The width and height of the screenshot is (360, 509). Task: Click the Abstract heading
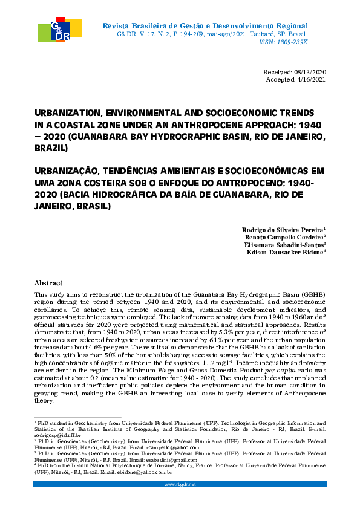coord(48,283)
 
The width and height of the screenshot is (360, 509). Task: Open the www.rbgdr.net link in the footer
coord(180,484)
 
